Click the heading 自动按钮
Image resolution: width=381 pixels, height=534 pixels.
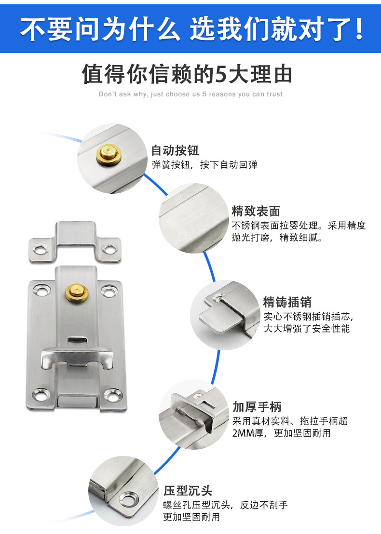175,150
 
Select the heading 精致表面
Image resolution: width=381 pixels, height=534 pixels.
256,211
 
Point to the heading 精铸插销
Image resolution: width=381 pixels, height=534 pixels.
287,302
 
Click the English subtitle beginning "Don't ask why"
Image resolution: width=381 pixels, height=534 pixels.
190,94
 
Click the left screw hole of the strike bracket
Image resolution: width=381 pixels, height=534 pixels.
40,249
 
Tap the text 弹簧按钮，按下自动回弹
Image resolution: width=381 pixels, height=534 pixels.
204,165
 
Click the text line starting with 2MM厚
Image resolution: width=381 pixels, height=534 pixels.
281,433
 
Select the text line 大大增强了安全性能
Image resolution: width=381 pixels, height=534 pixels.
306,329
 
